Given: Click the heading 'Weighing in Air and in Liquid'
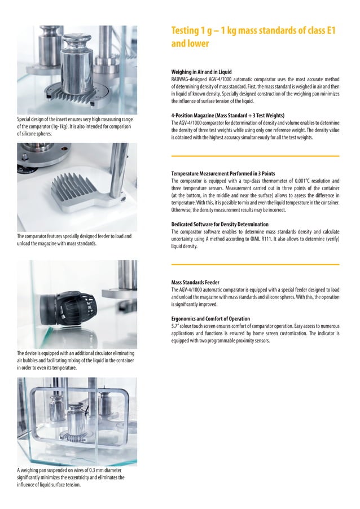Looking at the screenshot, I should point(201,72).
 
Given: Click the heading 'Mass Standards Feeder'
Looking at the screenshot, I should point(195,282).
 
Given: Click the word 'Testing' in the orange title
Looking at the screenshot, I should point(190,32).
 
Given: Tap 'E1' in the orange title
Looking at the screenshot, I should point(330,32).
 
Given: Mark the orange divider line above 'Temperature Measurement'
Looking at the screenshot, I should point(255,156).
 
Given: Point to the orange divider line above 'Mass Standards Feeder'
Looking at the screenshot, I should point(255,264).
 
